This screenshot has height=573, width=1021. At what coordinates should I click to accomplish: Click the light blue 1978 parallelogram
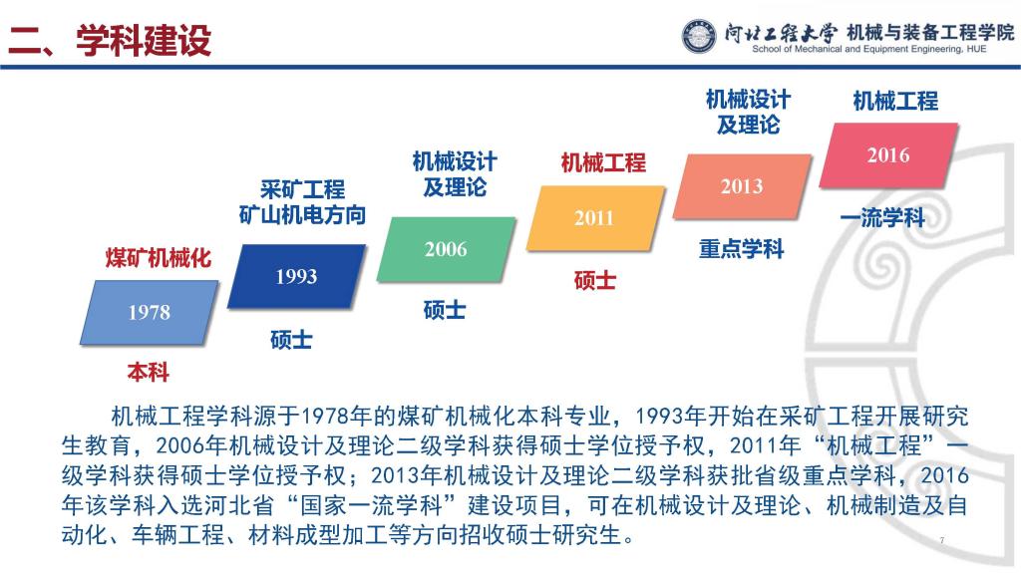[150, 312]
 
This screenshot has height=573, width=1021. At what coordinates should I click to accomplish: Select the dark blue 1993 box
[296, 276]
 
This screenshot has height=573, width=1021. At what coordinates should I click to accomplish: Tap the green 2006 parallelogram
[446, 249]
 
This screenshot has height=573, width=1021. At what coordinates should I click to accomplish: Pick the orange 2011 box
[594, 218]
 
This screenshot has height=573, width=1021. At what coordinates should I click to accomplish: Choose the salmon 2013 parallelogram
[742, 186]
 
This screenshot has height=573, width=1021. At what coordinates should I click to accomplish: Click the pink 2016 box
[888, 155]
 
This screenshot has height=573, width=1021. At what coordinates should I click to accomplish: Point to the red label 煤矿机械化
[159, 258]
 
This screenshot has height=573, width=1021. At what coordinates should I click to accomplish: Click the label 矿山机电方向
[302, 215]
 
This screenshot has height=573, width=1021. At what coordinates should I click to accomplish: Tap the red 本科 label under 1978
[149, 373]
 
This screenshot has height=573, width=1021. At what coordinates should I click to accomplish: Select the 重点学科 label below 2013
[741, 249]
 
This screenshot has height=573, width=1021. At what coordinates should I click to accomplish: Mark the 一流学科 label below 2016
[882, 217]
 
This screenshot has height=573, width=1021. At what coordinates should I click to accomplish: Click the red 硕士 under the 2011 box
[594, 280]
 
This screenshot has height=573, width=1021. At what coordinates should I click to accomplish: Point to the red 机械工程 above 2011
[603, 162]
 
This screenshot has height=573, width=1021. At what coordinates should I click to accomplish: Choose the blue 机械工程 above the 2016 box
[895, 101]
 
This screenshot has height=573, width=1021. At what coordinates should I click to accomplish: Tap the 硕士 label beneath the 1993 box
[291, 339]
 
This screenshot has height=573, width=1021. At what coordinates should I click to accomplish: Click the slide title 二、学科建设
[110, 41]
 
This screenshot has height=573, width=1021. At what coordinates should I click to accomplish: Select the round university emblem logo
[699, 36]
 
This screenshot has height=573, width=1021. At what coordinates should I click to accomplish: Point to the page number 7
[942, 540]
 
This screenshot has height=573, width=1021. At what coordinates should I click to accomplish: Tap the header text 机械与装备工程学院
[930, 33]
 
